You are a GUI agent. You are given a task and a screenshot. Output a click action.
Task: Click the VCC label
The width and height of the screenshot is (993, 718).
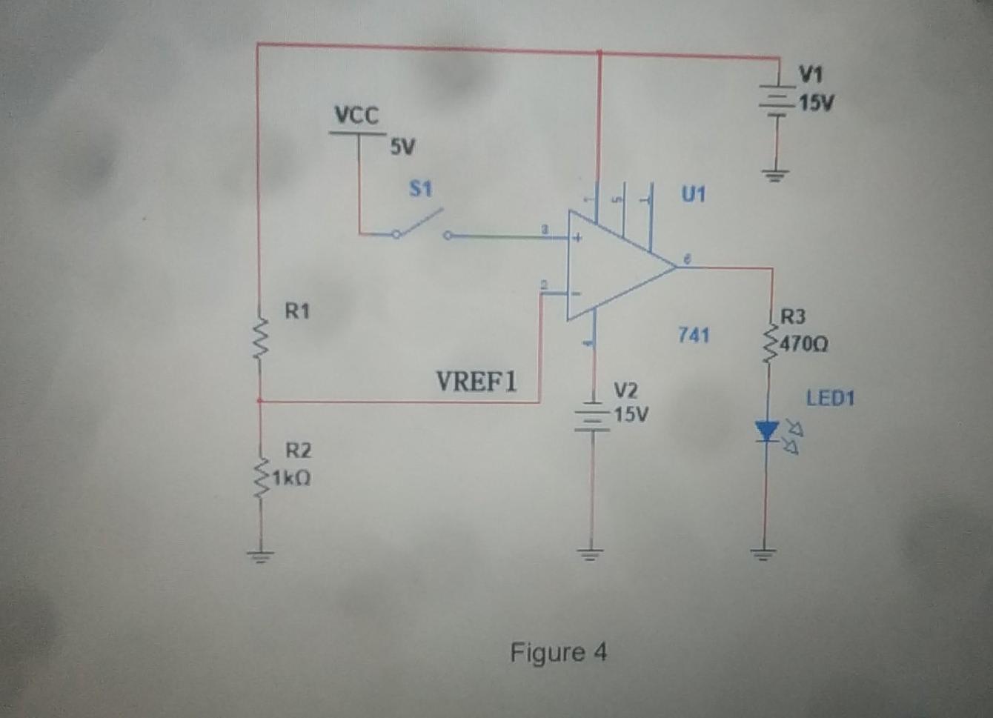coord(356,116)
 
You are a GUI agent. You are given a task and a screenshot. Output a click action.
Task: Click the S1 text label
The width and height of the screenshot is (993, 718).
coord(421,190)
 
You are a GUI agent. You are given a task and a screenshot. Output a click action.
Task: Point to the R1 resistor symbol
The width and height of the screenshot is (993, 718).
coord(259,338)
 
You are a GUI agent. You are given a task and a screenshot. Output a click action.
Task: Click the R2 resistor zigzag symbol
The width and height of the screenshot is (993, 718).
coord(259,478)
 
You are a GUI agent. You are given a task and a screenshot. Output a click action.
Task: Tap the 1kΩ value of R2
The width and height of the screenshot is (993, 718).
coord(291,478)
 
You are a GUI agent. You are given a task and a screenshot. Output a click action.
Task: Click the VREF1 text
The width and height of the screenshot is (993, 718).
coord(476,382)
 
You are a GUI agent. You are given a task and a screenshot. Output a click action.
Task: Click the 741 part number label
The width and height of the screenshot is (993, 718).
coord(694,335)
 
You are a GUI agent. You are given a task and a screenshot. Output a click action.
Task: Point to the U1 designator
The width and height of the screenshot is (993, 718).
coord(694,195)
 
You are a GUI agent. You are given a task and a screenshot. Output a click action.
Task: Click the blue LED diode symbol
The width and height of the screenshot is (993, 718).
coord(767,431)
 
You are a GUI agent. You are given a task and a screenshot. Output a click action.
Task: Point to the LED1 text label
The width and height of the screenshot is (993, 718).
coord(830,399)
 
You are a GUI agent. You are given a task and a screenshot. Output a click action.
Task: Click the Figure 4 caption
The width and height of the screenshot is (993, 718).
coord(558,653)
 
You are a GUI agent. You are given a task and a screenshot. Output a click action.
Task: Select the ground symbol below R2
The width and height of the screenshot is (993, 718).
coord(259,554)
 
